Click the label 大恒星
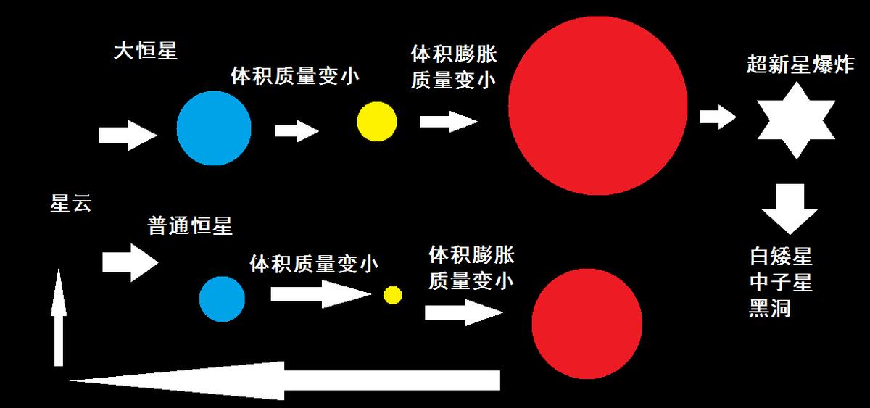146,51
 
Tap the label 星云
71,203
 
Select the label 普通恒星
190,225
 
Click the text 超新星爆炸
800,64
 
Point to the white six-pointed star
797,120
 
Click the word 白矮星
781,257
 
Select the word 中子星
781,282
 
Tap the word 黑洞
770,308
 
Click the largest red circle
598,105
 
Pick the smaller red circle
587,324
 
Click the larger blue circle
214,128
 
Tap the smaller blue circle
222,299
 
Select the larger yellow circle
377,122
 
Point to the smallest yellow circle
393,296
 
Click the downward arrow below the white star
790,209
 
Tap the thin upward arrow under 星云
59,317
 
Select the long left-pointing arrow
284,380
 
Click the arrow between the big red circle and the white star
718,117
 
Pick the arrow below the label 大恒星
128,135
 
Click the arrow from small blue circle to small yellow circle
320,294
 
